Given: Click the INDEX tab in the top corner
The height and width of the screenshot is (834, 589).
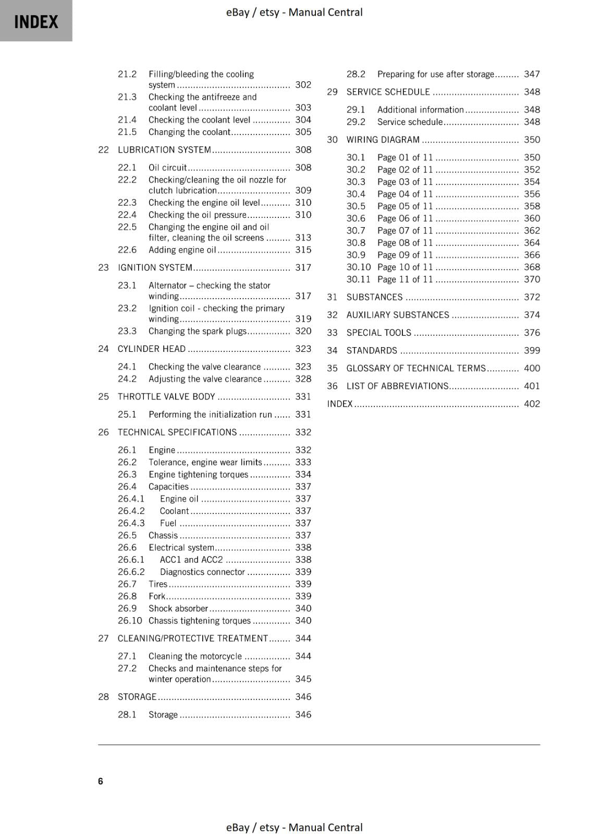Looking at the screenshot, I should (x=36, y=21).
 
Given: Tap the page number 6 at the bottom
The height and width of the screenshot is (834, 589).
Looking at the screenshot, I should (x=101, y=781).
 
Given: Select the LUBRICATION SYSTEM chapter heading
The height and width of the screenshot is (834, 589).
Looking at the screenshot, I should (x=164, y=150).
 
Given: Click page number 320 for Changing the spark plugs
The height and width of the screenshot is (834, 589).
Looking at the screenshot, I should (x=303, y=331).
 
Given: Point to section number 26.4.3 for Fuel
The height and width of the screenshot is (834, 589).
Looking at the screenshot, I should (x=131, y=523).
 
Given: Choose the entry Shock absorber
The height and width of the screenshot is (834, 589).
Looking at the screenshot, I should (x=178, y=608).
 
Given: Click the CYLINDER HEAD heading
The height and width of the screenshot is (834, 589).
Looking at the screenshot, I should (x=152, y=349).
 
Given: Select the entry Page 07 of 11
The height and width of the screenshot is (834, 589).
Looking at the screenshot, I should (x=405, y=230).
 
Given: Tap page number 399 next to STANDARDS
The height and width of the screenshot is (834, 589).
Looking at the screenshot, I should (x=532, y=350).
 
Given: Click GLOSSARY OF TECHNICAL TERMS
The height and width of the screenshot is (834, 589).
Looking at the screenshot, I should (x=416, y=368).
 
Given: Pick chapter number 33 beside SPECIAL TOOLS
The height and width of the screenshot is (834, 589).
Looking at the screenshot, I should (x=332, y=333).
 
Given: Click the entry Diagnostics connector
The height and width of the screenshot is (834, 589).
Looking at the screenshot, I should (x=202, y=572).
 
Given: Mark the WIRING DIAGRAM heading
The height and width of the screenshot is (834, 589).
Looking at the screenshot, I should (x=383, y=140).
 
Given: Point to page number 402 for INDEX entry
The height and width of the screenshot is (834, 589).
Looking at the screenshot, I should (x=532, y=404).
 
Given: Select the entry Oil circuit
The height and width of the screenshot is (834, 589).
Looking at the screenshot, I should (x=167, y=168).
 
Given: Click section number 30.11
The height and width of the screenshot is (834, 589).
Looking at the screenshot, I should (x=358, y=279).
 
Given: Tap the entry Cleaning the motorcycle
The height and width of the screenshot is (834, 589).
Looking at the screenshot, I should (x=195, y=656).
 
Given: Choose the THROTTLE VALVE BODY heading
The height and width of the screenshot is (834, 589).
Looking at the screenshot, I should (x=166, y=397).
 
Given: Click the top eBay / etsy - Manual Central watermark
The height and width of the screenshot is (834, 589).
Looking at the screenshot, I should (x=294, y=12).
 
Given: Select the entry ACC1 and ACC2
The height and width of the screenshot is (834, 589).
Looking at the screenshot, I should (x=191, y=560).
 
